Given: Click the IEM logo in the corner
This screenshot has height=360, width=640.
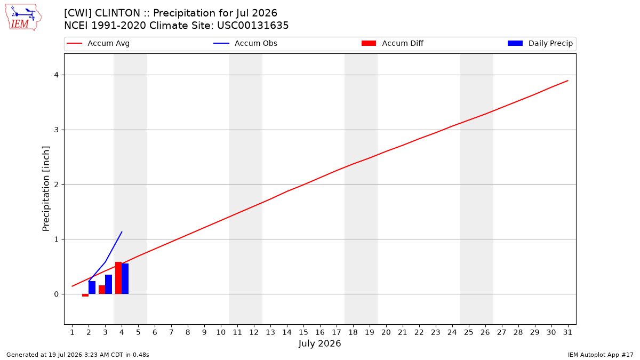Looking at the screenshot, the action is (x=23, y=18).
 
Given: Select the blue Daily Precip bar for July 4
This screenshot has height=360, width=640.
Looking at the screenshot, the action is (x=125, y=278).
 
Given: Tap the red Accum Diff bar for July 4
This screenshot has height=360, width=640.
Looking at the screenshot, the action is (x=118, y=278).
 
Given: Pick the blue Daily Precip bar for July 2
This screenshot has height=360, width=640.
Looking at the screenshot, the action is (x=92, y=287).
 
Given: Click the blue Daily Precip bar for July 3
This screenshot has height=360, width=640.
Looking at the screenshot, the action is (x=109, y=284).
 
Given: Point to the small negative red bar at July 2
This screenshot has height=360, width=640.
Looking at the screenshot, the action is (x=85, y=295).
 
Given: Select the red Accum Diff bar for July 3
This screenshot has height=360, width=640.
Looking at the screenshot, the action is (x=102, y=290).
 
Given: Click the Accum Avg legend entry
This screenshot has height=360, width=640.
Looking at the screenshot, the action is (x=98, y=43).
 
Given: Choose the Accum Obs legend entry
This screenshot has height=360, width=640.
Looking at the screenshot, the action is (x=245, y=43).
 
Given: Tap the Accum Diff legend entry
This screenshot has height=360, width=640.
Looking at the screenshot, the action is (x=393, y=43).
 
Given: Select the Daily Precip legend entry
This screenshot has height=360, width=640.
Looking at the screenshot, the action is (x=540, y=43).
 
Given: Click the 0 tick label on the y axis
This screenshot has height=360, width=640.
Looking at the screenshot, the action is (x=57, y=294).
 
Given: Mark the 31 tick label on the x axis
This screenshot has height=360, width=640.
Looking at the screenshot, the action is (x=567, y=332).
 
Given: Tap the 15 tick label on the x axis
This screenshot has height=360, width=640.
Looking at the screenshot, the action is (x=303, y=332).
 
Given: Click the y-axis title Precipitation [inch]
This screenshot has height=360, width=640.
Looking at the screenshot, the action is (x=46, y=189).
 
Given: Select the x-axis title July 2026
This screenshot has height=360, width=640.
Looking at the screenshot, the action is (x=319, y=343).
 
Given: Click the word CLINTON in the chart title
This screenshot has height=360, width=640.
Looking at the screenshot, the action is (x=117, y=13).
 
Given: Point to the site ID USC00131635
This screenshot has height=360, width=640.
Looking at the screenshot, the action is (x=253, y=26).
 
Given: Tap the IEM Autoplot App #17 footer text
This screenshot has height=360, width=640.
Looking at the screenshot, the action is (x=601, y=355).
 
